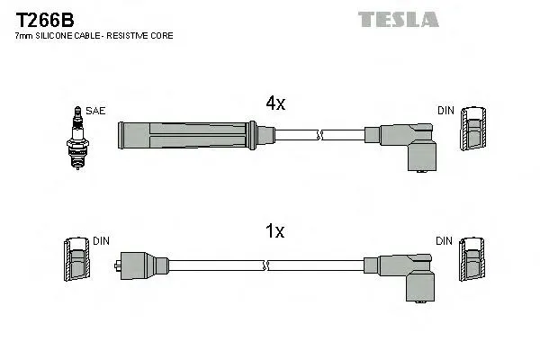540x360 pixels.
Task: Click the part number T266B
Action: pyautogui.click(x=42, y=19)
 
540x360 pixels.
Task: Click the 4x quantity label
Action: pyautogui.click(x=274, y=103)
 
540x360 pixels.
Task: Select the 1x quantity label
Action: pyautogui.click(x=274, y=231)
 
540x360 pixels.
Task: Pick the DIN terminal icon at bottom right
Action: pyautogui.click(x=473, y=264)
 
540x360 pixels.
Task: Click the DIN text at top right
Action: pyautogui.click(x=445, y=111)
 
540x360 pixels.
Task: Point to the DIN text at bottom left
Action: pyautogui.click(x=101, y=241)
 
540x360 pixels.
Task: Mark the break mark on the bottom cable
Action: pyautogui.click(x=266, y=265)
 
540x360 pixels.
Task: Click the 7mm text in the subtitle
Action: pyautogui.click(x=25, y=36)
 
